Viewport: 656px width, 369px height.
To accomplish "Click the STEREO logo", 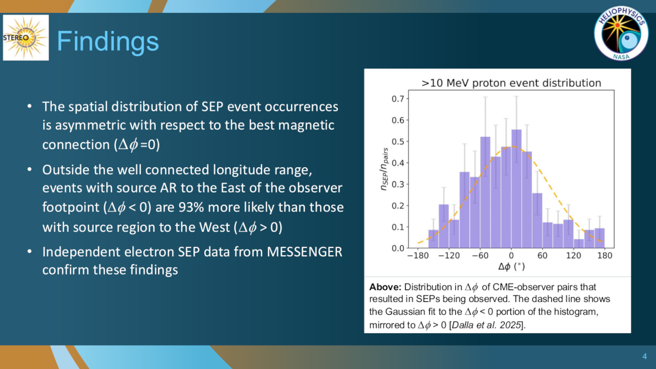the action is point(26,38).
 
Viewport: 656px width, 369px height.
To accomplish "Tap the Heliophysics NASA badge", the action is point(621,33).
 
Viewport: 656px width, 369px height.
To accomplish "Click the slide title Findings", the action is point(108,42).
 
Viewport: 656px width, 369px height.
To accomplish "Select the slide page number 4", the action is point(644,356).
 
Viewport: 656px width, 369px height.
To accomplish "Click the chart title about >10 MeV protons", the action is point(511,83).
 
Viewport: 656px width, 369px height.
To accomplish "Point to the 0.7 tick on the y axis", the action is point(397,99).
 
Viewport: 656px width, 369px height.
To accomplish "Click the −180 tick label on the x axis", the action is point(418,256).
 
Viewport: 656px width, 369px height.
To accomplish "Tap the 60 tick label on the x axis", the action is point(542,256).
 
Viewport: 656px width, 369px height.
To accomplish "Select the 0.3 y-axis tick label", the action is point(397,184).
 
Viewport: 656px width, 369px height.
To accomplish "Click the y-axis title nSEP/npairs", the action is point(384,169).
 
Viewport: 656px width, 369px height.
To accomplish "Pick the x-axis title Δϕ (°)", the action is point(511,266).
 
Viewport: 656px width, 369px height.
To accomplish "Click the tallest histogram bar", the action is point(516,189).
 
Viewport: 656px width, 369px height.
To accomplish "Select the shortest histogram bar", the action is point(579,244).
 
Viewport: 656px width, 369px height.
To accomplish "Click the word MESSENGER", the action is point(305,252).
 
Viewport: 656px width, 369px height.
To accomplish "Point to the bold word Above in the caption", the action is point(385,287).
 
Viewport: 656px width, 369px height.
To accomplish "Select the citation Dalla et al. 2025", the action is point(486,325).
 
